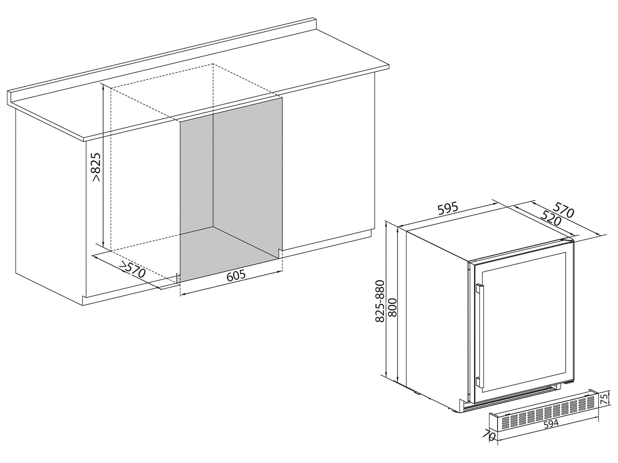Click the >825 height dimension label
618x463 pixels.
(x=96, y=167)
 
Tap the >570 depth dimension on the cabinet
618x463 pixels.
(x=132, y=269)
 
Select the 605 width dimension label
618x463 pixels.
(x=236, y=276)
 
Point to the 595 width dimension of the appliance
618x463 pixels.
(x=448, y=208)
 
